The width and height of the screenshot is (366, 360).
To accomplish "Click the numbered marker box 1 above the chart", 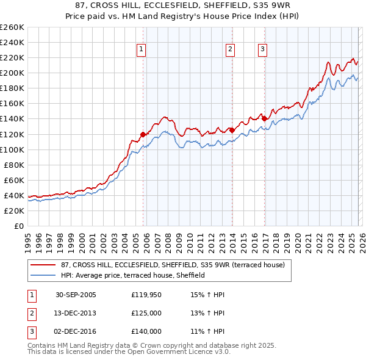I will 141,49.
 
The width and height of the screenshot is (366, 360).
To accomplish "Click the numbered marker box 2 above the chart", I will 231,49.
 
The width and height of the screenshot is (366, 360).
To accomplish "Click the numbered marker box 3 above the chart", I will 262,49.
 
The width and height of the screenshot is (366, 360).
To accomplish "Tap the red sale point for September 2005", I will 143,134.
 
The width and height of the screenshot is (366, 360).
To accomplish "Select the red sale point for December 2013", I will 232,130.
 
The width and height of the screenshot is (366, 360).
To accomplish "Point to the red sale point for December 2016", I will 264,118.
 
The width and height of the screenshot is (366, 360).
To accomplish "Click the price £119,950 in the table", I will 146,295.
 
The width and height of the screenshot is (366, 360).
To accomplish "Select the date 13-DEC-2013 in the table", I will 76,313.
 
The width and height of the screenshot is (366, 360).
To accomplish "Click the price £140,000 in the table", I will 146,331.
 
